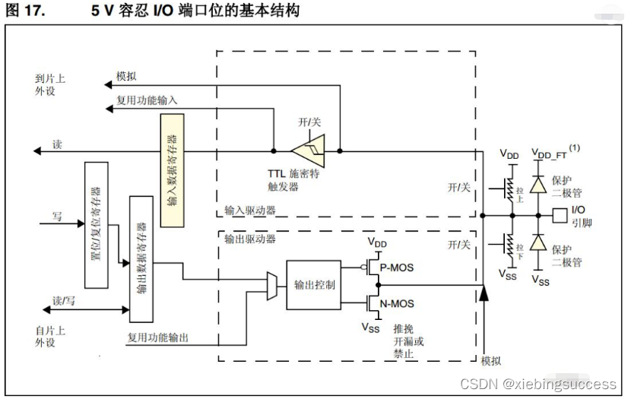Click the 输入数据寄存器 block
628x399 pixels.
171,161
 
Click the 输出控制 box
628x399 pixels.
309,284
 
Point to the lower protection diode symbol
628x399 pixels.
538,244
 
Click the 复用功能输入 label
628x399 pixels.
147,100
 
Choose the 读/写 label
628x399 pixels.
64,299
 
